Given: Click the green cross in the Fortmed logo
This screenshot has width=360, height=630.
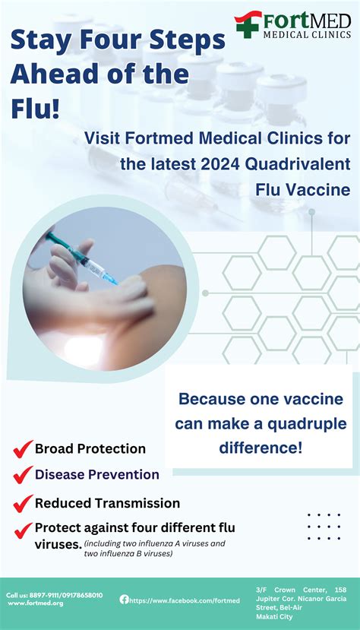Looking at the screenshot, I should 248,24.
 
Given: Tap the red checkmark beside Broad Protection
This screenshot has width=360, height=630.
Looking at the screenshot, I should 22,449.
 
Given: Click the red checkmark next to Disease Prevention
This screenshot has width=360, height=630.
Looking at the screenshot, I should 22,476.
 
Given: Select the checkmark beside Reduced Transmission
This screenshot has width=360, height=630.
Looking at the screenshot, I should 22,503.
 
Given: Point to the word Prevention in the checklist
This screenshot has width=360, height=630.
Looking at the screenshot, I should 123,475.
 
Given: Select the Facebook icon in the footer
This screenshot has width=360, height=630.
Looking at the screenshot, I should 124,599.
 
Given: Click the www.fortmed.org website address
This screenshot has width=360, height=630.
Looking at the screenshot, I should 36,603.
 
